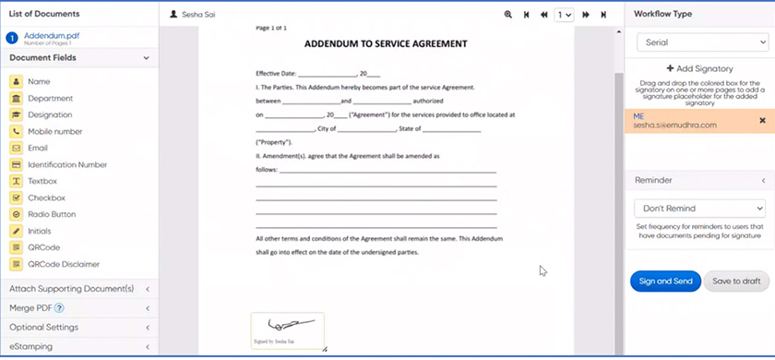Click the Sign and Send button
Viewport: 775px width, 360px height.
[x=665, y=282]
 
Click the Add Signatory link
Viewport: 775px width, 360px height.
[x=699, y=69]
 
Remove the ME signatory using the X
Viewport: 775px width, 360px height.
[x=762, y=121]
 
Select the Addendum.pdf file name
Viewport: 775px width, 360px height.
[x=52, y=35]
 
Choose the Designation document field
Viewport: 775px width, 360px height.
[x=50, y=115]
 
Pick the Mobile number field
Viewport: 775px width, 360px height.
[x=55, y=132]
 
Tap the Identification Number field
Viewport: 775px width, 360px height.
[x=67, y=165]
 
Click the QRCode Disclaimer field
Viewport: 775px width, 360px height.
[x=63, y=264]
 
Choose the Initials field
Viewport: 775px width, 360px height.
[x=40, y=231]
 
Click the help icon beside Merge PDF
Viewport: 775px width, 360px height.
[x=59, y=308]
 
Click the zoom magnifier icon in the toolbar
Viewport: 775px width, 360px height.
[x=508, y=15]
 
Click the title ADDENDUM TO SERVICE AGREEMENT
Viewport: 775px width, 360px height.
[x=386, y=43]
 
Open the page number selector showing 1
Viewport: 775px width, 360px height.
[x=564, y=15]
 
